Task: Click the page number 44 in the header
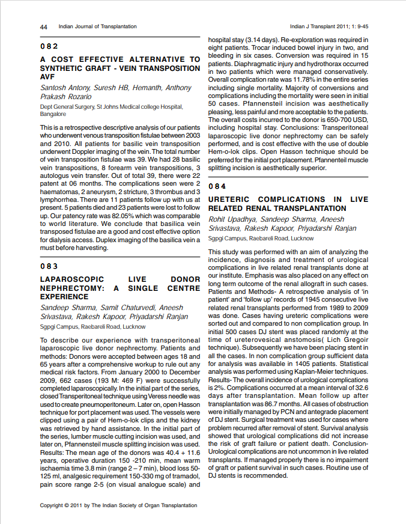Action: point(44,27)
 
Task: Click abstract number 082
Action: point(49,46)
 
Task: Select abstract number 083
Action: point(49,266)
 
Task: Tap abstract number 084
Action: point(217,186)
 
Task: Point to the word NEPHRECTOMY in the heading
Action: point(69,288)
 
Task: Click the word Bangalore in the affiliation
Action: point(53,114)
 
